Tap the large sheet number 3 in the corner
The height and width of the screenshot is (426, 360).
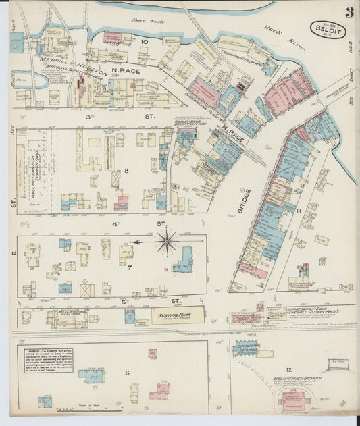pyautogui.click(x=349, y=13)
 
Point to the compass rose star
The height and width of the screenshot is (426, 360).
pyautogui.click(x=166, y=241)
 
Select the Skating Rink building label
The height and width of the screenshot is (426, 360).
pyautogui.click(x=178, y=315)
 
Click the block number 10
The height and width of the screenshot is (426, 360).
pyautogui.click(x=144, y=42)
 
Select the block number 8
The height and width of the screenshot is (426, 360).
pyautogui.click(x=126, y=171)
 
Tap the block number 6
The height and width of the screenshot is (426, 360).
pyautogui.click(x=126, y=373)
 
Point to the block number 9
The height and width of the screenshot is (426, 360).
pyautogui.click(x=104, y=88)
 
